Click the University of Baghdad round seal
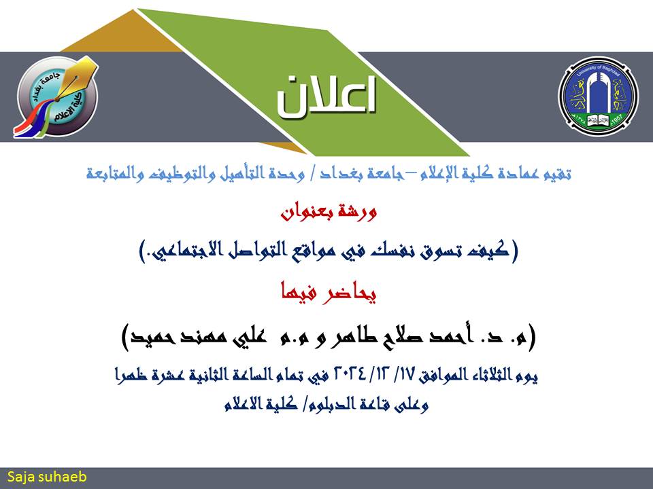[x=598, y=95]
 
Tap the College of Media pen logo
[x=56, y=96]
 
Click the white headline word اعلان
[x=326, y=97]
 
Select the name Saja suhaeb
[x=47, y=477]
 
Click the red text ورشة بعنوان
[x=329, y=212]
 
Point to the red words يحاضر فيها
[x=329, y=293]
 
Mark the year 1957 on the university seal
[x=617, y=118]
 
